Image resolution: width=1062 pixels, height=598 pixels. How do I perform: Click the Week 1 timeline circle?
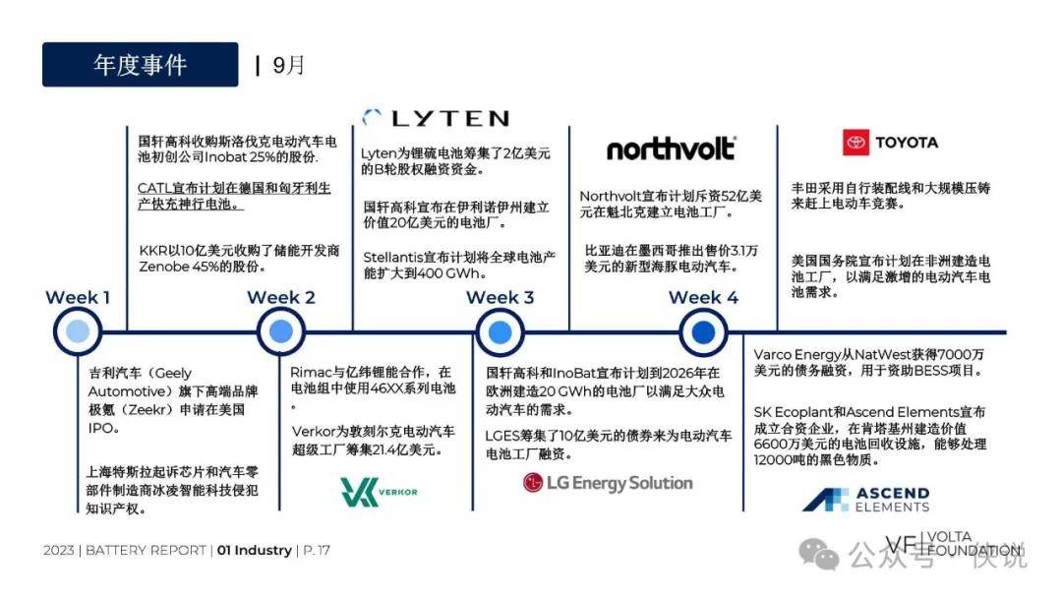pos(78,331)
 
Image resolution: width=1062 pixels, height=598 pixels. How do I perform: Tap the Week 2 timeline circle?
pos(281,331)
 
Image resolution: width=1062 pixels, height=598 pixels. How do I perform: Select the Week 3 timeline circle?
pos(500,331)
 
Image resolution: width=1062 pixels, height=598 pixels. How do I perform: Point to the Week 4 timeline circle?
pos(703,331)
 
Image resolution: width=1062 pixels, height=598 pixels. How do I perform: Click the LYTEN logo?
pos(436,118)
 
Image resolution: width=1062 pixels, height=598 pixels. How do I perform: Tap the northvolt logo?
pos(671,149)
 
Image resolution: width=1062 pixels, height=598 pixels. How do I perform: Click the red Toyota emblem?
pos(855,143)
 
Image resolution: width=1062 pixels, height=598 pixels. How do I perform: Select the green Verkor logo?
pos(379,492)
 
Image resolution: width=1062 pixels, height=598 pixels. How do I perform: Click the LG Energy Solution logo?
pos(608,483)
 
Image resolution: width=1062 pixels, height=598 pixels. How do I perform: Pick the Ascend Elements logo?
pos(865,499)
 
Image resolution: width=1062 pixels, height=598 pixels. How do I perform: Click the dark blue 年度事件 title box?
pos(141,64)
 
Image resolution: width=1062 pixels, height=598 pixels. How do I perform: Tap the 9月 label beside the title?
pos(288,65)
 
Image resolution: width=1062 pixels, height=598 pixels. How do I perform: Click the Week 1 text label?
pos(78,297)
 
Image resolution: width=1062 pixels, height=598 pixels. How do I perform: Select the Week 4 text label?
pos(703,297)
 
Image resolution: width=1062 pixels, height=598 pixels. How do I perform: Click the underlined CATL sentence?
pos(234,196)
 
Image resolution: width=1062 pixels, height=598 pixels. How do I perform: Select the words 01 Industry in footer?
pos(255,550)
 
